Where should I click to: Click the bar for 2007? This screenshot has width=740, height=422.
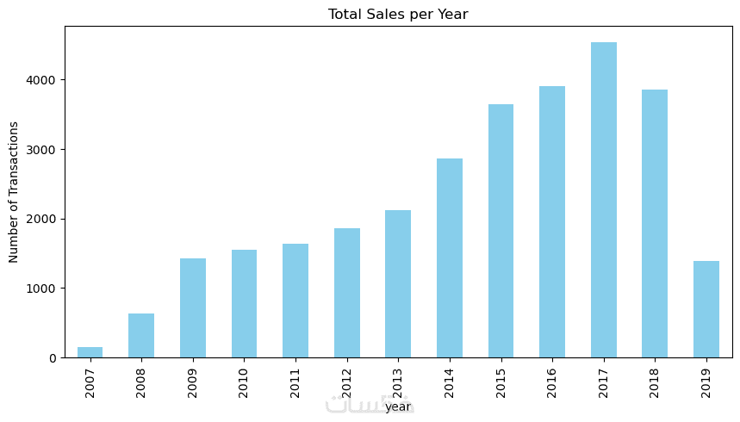click(x=90, y=352)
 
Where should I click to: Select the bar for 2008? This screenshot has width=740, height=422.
click(x=141, y=336)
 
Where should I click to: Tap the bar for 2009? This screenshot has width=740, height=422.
click(x=192, y=308)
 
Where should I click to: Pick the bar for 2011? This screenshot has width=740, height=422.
click(x=295, y=301)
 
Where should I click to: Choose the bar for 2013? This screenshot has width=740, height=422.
click(x=398, y=284)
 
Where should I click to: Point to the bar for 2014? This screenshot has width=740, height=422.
click(x=450, y=258)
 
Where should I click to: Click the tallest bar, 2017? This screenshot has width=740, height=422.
click(x=603, y=200)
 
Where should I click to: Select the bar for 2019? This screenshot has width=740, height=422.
click(x=706, y=309)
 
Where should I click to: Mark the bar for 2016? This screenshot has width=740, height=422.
click(x=552, y=222)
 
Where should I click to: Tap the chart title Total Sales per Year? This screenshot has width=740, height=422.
click(x=398, y=14)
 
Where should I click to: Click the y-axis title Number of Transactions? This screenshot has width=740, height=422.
click(x=14, y=191)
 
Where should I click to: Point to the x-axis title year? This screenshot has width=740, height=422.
click(x=398, y=406)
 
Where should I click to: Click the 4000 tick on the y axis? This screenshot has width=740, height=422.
click(x=43, y=80)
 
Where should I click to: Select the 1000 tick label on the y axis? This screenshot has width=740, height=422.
click(x=43, y=289)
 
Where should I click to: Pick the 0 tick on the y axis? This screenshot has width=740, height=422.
click(x=53, y=357)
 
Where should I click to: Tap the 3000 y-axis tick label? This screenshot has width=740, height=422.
click(x=43, y=150)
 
